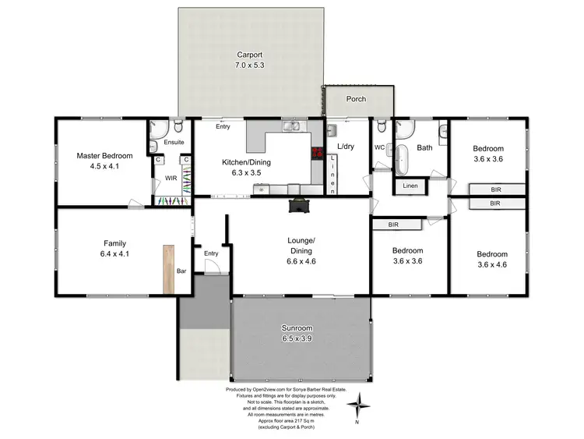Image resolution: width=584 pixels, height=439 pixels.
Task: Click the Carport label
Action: pyautogui.click(x=250, y=55)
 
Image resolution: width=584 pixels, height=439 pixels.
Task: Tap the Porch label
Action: pyautogui.click(x=356, y=100)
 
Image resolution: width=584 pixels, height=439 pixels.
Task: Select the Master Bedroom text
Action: pyautogui.click(x=104, y=156)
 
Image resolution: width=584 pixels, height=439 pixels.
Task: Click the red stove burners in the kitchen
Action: pyautogui.click(x=317, y=154)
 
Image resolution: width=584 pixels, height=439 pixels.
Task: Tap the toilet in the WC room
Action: pyautogui.click(x=381, y=128)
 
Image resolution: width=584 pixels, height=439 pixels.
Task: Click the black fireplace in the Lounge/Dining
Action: pyautogui.click(x=298, y=206)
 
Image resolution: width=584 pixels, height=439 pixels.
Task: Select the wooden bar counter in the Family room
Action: pyautogui.click(x=168, y=269)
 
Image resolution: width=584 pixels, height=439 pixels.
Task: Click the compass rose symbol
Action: pyautogui.click(x=359, y=405)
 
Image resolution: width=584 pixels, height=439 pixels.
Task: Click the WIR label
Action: pyautogui.click(x=171, y=179)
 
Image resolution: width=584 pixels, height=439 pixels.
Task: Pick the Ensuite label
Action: pyautogui.click(x=174, y=143)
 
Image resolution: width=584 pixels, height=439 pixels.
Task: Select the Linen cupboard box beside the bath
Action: pyautogui.click(x=409, y=186)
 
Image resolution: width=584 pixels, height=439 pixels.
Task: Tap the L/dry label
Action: pyautogui.click(x=346, y=147)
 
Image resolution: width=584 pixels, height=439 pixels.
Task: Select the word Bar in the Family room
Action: pyautogui.click(x=181, y=271)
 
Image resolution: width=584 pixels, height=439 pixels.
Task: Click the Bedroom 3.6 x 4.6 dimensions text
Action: pyautogui.click(x=492, y=266)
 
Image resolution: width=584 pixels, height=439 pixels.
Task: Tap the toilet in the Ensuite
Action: pyautogui.click(x=178, y=126)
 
